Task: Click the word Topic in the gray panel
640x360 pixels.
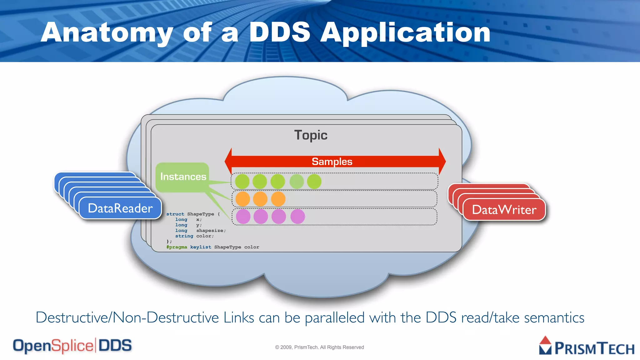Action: pyautogui.click(x=311, y=135)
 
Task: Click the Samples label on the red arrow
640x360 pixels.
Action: pyautogui.click(x=332, y=162)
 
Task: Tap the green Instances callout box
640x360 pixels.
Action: pyautogui.click(x=183, y=177)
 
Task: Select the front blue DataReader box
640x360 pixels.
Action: pyautogui.click(x=120, y=208)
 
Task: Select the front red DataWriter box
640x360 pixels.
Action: pyautogui.click(x=504, y=210)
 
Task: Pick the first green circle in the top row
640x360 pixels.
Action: pyautogui.click(x=242, y=182)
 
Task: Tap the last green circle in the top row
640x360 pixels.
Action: pyautogui.click(x=314, y=182)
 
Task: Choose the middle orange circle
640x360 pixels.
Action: pyautogui.click(x=260, y=199)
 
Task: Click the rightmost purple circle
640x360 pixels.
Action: pyautogui.click(x=297, y=217)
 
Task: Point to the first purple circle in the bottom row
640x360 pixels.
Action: pyautogui.click(x=243, y=217)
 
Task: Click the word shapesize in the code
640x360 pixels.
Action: pyautogui.click(x=210, y=231)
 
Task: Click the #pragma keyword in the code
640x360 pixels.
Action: pyautogui.click(x=177, y=247)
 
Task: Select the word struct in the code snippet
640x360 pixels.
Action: pyautogui.click(x=175, y=214)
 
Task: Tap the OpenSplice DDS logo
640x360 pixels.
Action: pyautogui.click(x=72, y=346)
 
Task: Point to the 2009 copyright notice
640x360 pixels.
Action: pyautogui.click(x=319, y=347)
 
